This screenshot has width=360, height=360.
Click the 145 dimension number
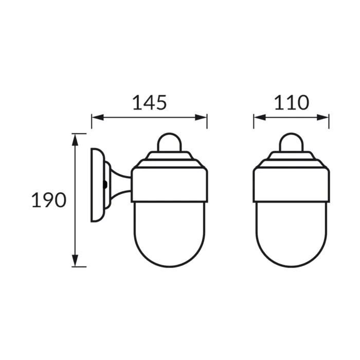(x=150, y=102)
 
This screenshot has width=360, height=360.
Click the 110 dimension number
(x=292, y=102)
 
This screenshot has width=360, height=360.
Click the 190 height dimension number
(x=49, y=200)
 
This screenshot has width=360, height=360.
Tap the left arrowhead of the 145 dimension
(x=98, y=118)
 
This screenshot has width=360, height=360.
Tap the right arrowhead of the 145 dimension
(x=201, y=118)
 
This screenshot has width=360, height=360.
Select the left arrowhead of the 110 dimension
(x=260, y=118)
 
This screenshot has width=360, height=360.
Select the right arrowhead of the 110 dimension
(x=323, y=118)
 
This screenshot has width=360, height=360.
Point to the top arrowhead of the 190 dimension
(x=75, y=140)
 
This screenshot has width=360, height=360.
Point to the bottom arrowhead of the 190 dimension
(x=75, y=261)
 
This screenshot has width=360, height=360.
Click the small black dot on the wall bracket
(x=105, y=185)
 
